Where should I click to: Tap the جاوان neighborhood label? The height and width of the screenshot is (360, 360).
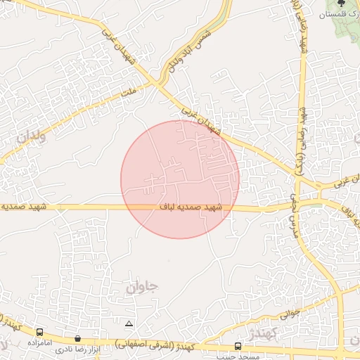(143, 287)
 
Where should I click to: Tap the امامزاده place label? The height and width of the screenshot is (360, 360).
(41, 342)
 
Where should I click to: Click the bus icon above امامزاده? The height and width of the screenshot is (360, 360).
(40, 332)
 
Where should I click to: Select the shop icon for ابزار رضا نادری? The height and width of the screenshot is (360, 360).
(77, 339)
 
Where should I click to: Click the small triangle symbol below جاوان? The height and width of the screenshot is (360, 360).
(128, 324)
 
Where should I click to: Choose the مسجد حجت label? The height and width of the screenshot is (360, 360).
(239, 356)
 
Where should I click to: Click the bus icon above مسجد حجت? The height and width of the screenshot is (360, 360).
(238, 346)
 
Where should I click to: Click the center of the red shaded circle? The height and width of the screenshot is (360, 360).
(180, 179)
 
